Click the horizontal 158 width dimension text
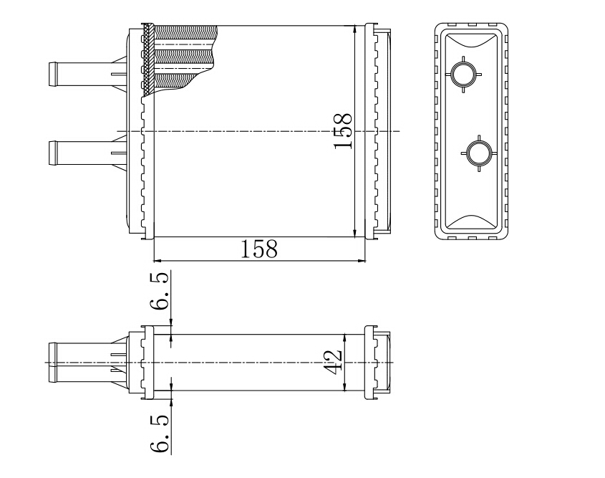(x=259, y=249)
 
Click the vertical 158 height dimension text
(x=343, y=131)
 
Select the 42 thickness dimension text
(x=333, y=362)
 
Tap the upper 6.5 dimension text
(x=160, y=291)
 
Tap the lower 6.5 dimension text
(x=160, y=434)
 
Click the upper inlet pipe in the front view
(x=87, y=74)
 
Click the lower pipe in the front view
(x=87, y=153)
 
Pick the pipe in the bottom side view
(x=87, y=362)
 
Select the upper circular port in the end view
(x=463, y=74)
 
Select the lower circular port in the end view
(x=479, y=153)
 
